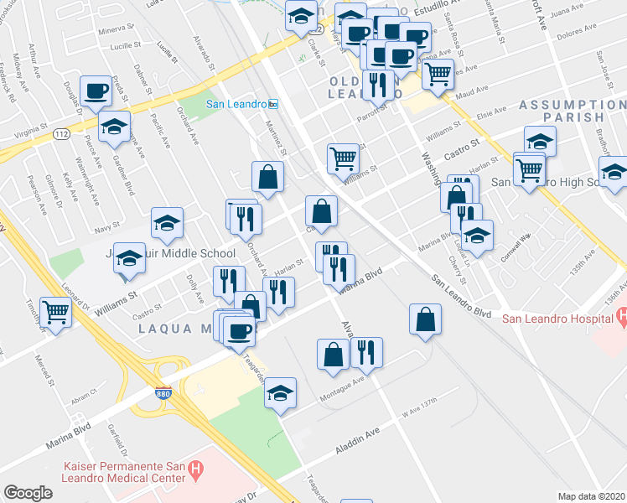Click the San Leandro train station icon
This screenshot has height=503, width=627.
point(273,104)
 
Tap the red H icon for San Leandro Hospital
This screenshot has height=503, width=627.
point(620,317)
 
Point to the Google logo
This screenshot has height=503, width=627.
point(28,493)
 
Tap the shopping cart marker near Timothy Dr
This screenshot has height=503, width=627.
point(56,312)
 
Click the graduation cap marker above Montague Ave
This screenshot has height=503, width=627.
point(280,392)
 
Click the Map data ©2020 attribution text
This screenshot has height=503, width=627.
point(592,496)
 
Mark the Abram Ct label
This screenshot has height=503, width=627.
point(84,400)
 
